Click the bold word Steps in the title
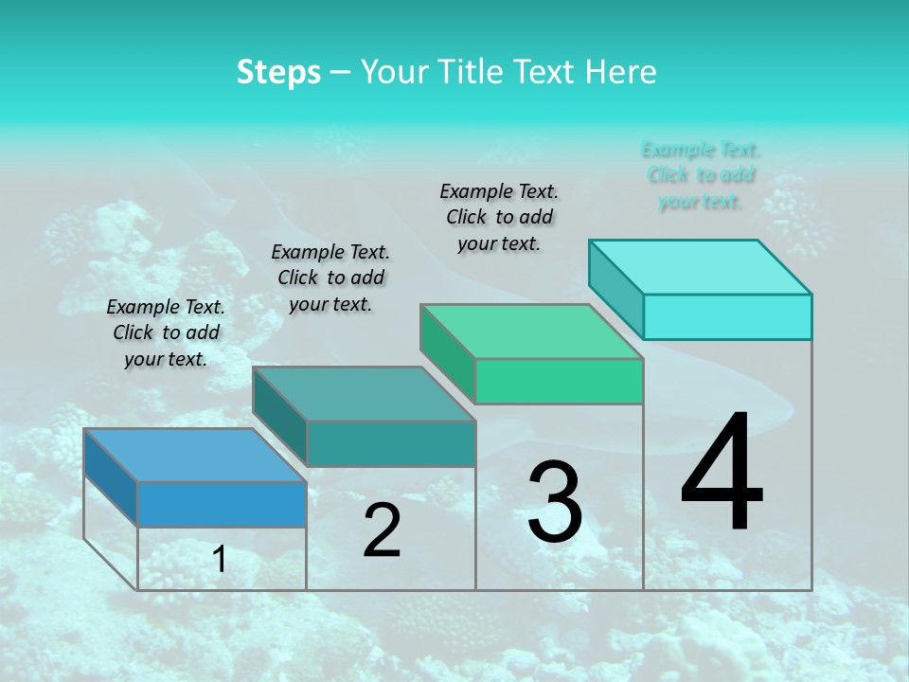[x=278, y=72]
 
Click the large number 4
[x=722, y=474]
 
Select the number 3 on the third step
[x=555, y=502]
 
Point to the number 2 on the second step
[x=382, y=530]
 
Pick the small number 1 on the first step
[x=220, y=560]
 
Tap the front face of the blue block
[x=222, y=504]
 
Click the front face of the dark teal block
[x=390, y=443]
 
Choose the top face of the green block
[x=531, y=332]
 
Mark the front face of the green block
[x=559, y=381]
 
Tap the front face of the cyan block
[x=727, y=316]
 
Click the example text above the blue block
[x=166, y=332]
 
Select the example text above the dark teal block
[x=330, y=278]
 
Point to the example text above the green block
[x=499, y=217]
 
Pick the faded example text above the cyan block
[x=701, y=175]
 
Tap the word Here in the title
[x=620, y=72]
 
